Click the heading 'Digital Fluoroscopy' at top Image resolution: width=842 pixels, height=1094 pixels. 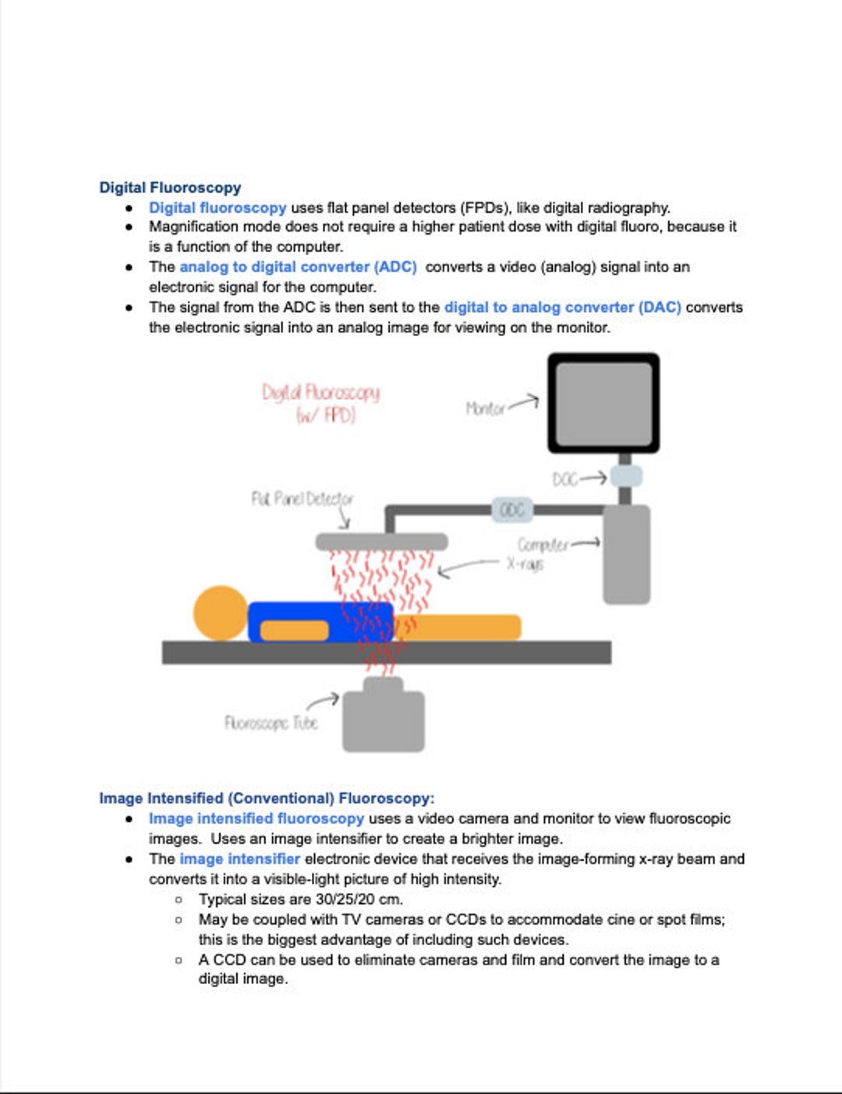click(170, 187)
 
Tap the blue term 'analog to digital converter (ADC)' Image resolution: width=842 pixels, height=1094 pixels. click(298, 267)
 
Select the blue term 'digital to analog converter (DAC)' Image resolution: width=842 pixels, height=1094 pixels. click(562, 307)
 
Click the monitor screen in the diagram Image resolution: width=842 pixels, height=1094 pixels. click(603, 403)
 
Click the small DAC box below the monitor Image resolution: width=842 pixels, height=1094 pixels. click(625, 476)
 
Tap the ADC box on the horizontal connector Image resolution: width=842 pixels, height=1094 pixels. click(512, 510)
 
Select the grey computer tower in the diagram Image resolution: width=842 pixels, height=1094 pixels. click(626, 554)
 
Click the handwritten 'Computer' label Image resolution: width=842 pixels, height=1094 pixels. click(543, 544)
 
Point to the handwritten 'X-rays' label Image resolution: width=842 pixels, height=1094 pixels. click(525, 563)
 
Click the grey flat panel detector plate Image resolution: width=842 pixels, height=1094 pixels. click(381, 541)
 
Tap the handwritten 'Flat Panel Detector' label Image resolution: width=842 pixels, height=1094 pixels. click(302, 498)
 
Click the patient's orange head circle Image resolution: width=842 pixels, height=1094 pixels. click(221, 613)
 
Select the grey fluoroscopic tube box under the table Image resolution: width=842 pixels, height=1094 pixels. click(384, 719)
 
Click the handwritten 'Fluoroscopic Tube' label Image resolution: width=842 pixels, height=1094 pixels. click(271, 723)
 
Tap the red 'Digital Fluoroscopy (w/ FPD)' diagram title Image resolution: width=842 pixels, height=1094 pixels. click(321, 402)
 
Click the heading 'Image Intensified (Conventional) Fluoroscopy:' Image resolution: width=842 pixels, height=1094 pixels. click(267, 798)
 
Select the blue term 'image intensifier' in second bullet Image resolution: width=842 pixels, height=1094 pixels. click(239, 859)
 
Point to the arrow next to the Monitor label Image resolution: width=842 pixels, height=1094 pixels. click(524, 402)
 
